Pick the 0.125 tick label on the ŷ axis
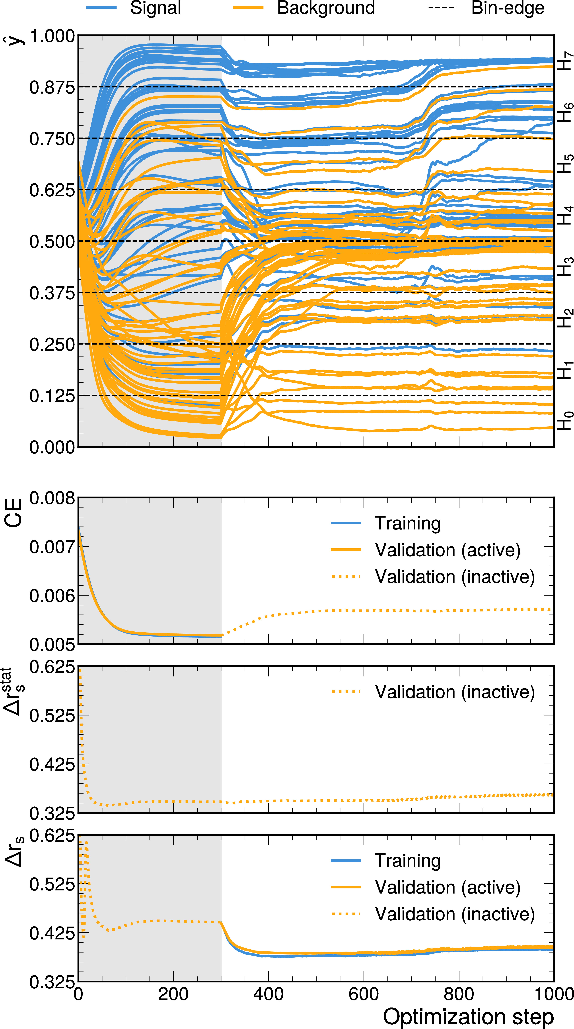(52, 396)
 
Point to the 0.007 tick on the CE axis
(52, 547)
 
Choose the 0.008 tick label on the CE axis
(52, 498)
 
